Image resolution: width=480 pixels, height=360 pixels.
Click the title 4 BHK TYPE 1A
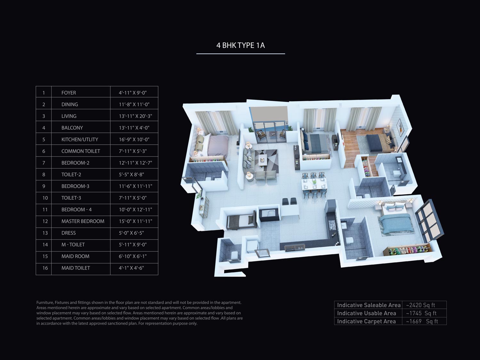click(x=240, y=45)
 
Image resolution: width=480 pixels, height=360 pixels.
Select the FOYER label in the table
click(x=69, y=93)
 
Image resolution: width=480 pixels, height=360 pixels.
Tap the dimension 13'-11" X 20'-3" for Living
click(x=135, y=116)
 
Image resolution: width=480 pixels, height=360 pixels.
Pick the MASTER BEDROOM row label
click(x=83, y=221)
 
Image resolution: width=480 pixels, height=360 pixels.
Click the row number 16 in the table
click(x=45, y=268)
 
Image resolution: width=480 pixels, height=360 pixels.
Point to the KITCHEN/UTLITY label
click(x=79, y=140)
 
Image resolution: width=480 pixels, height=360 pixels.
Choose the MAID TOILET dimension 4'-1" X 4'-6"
click(x=131, y=268)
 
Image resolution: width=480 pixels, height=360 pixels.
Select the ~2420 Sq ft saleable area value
click(x=420, y=305)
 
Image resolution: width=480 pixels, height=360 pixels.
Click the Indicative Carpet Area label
click(x=366, y=321)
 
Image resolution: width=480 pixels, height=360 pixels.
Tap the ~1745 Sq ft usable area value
click(x=421, y=313)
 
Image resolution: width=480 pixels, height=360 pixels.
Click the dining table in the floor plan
click(x=314, y=185)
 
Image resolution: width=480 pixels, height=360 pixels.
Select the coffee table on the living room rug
click(x=263, y=159)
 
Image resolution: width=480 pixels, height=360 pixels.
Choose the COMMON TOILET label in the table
click(x=80, y=151)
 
